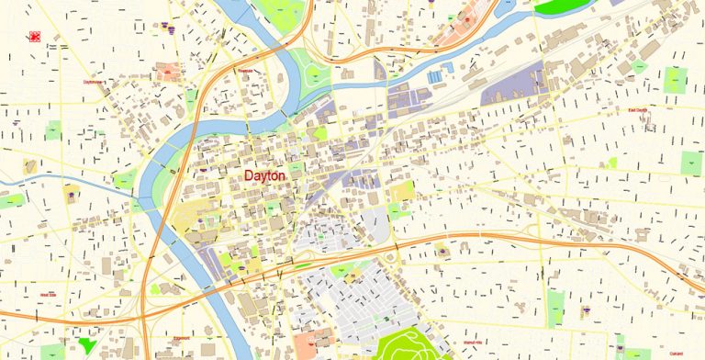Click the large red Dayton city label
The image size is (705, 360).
[x=265, y=174]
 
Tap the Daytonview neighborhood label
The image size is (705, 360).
[x=93, y=82]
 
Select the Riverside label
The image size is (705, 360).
[x=244, y=68]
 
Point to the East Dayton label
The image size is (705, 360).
[x=637, y=110]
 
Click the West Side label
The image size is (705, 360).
[x=48, y=295]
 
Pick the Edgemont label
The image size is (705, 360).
[x=181, y=338]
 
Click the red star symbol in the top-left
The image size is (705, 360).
[x=35, y=37]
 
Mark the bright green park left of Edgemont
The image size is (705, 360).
[x=87, y=345]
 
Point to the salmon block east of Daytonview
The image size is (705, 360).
[x=167, y=71]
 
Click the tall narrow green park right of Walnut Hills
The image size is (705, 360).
[x=555, y=309]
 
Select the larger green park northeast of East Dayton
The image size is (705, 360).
[x=676, y=80]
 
